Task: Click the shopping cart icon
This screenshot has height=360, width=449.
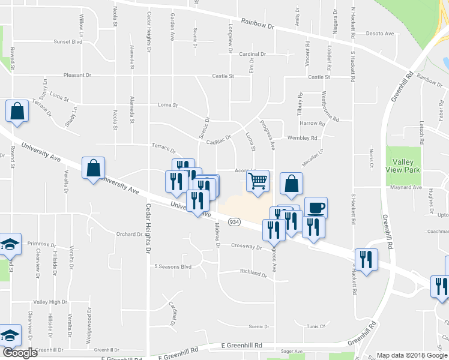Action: pos(258,181)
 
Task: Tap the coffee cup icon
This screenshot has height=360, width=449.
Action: pos(316,208)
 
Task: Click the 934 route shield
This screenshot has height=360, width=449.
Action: pos(235,222)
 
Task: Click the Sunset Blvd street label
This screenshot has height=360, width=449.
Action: pos(68,42)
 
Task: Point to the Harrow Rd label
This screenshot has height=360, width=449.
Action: pos(312,124)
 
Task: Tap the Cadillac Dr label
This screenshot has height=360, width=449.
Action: pos(218,139)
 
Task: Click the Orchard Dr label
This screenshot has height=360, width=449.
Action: pos(128,234)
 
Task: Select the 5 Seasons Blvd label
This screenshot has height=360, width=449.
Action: pos(173,266)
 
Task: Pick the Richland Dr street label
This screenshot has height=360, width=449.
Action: pos(253,273)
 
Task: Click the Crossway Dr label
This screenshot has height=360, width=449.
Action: pos(247,247)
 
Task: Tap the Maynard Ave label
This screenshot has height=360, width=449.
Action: pos(406,188)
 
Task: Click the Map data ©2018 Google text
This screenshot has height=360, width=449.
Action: pos(412,355)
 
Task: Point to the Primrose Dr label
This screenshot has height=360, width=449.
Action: pos(42,245)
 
